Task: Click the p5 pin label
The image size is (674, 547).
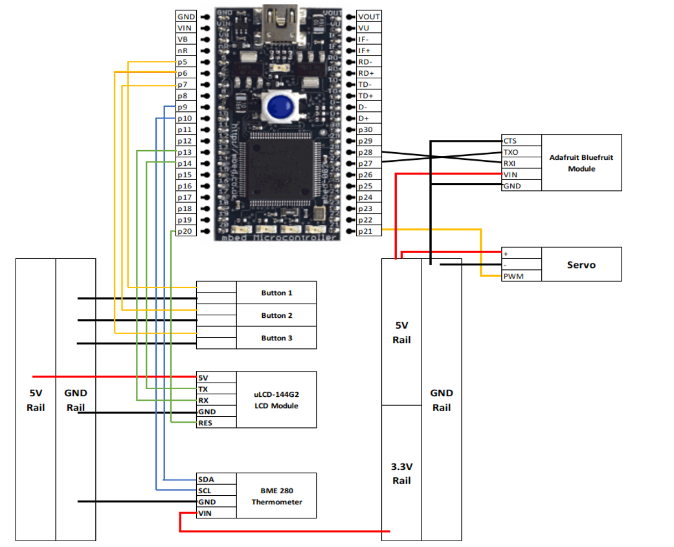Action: (x=183, y=62)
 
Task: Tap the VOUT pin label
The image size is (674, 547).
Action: (x=369, y=17)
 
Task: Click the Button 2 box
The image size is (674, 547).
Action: (x=276, y=315)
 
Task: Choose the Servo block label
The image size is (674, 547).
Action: (x=581, y=264)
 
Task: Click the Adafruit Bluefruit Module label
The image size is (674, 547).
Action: (x=581, y=162)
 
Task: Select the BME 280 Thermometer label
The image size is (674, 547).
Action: (x=276, y=497)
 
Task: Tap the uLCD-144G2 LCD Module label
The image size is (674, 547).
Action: (x=276, y=399)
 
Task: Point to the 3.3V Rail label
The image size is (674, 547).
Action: (x=401, y=473)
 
